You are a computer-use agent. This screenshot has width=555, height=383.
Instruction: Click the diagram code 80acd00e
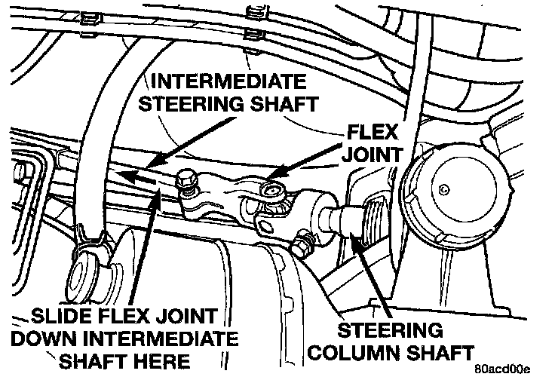tap(503, 371)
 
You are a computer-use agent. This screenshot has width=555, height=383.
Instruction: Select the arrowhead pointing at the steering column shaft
tap(353, 237)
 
